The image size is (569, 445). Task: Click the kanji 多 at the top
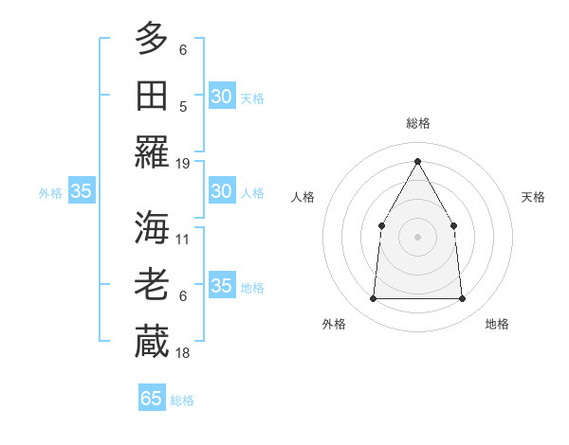coord(152,39)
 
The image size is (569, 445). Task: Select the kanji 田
coord(152,96)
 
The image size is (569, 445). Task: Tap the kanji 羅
coord(152,151)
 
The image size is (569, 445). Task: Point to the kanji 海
coord(152,228)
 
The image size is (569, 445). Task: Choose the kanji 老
coord(152,285)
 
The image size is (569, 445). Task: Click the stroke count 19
coord(183,163)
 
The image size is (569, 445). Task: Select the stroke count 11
coord(183,239)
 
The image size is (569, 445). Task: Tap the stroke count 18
coord(183,352)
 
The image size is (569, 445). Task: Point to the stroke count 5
coord(183,106)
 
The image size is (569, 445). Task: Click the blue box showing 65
coord(152,399)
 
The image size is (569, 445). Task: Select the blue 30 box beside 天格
coord(221,96)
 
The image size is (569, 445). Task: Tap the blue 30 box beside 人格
coord(221,191)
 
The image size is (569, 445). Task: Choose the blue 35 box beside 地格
coord(221,286)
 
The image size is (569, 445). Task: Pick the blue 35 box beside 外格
coord(81,191)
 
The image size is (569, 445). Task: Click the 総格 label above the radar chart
coord(417,123)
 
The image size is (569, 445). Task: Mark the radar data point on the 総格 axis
coord(417,161)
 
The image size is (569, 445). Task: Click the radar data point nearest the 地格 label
coord(462,299)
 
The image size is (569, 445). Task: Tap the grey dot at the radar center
coord(417,236)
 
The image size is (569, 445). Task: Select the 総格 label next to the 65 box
coord(182,400)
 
